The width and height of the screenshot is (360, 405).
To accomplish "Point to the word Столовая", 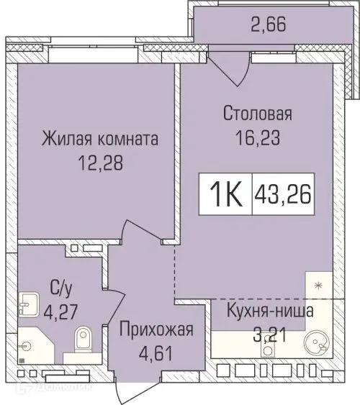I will [257, 113].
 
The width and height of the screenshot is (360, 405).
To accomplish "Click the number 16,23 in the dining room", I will [258, 137].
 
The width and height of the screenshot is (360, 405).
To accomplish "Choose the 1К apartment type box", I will [225, 193].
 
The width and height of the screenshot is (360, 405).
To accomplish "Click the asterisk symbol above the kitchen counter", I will [317, 286].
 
